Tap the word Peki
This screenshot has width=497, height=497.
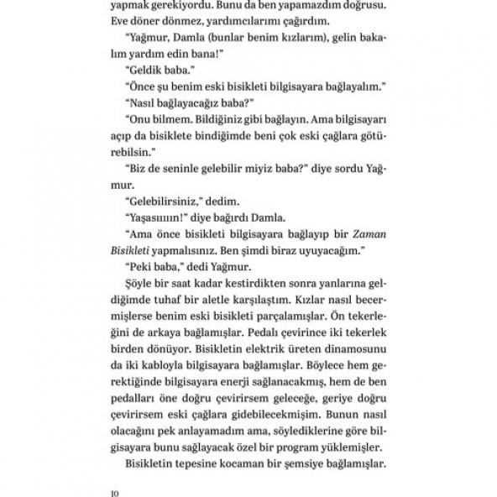[x=141, y=267]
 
